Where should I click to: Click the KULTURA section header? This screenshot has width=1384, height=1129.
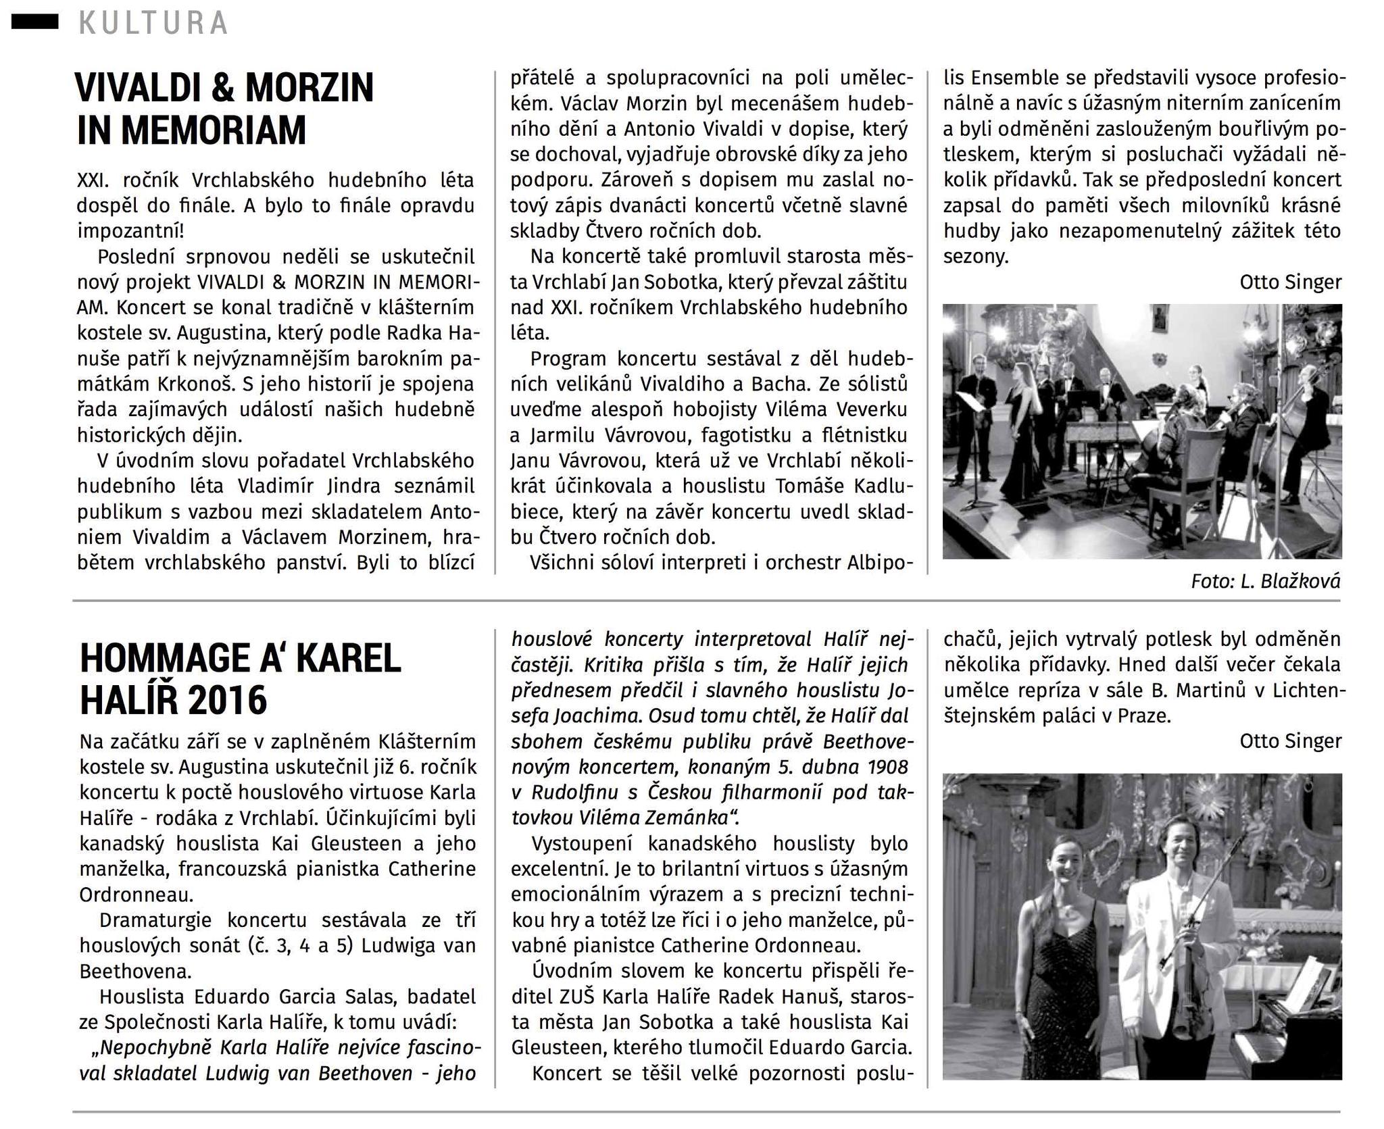153,23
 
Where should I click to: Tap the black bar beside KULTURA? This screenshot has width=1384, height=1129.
35,22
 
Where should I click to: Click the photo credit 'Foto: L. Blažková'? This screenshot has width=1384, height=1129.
1265,581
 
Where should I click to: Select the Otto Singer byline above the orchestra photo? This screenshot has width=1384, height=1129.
1290,282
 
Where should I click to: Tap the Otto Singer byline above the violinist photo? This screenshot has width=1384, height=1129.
1290,741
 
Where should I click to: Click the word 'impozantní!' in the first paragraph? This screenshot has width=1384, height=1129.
130,231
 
